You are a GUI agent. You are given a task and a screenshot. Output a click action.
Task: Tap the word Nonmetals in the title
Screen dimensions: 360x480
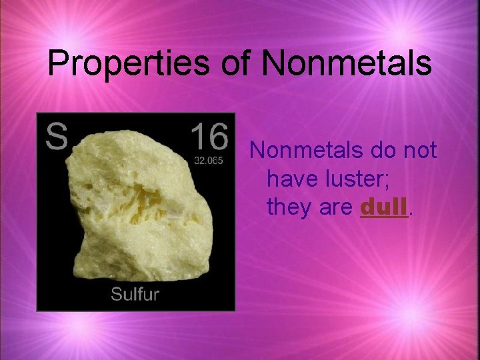347,63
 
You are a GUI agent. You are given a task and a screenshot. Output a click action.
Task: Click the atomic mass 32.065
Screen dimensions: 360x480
209,161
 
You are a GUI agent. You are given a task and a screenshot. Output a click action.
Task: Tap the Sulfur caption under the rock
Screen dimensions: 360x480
135,294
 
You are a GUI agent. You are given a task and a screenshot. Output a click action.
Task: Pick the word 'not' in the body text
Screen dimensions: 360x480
419,151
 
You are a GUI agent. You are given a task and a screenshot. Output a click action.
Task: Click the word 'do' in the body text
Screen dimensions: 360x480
380,151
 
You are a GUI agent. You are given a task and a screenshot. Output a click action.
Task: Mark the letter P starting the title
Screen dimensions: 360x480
58,64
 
